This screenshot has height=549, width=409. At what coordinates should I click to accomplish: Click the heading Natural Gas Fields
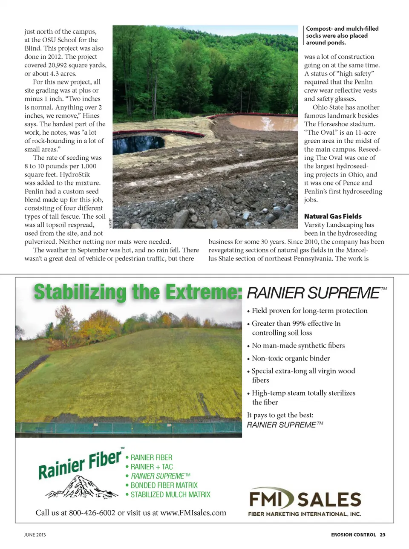coord(333,217)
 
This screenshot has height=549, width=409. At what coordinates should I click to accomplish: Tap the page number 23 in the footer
coord(383,535)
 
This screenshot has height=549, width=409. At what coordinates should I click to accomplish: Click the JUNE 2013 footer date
coord(35,535)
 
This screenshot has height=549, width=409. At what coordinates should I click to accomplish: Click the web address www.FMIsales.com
coord(193,513)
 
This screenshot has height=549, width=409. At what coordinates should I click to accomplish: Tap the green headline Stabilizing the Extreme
coord(138,293)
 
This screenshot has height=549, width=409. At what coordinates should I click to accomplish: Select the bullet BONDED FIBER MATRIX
coord(164,485)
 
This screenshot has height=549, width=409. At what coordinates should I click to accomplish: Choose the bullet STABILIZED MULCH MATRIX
coord(170,494)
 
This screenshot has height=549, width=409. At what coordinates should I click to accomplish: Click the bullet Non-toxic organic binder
coord(291,358)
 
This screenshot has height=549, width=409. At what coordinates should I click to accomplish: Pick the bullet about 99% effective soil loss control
coord(296,328)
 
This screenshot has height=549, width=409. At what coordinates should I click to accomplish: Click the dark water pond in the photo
coord(138,143)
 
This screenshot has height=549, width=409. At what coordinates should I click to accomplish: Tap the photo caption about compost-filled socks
coord(342,35)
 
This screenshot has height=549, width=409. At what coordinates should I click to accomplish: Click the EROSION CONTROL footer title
coord(353,535)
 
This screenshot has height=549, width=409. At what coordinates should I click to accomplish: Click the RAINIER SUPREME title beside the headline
coord(313,293)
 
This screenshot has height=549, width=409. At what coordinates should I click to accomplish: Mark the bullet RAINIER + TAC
coord(152,467)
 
